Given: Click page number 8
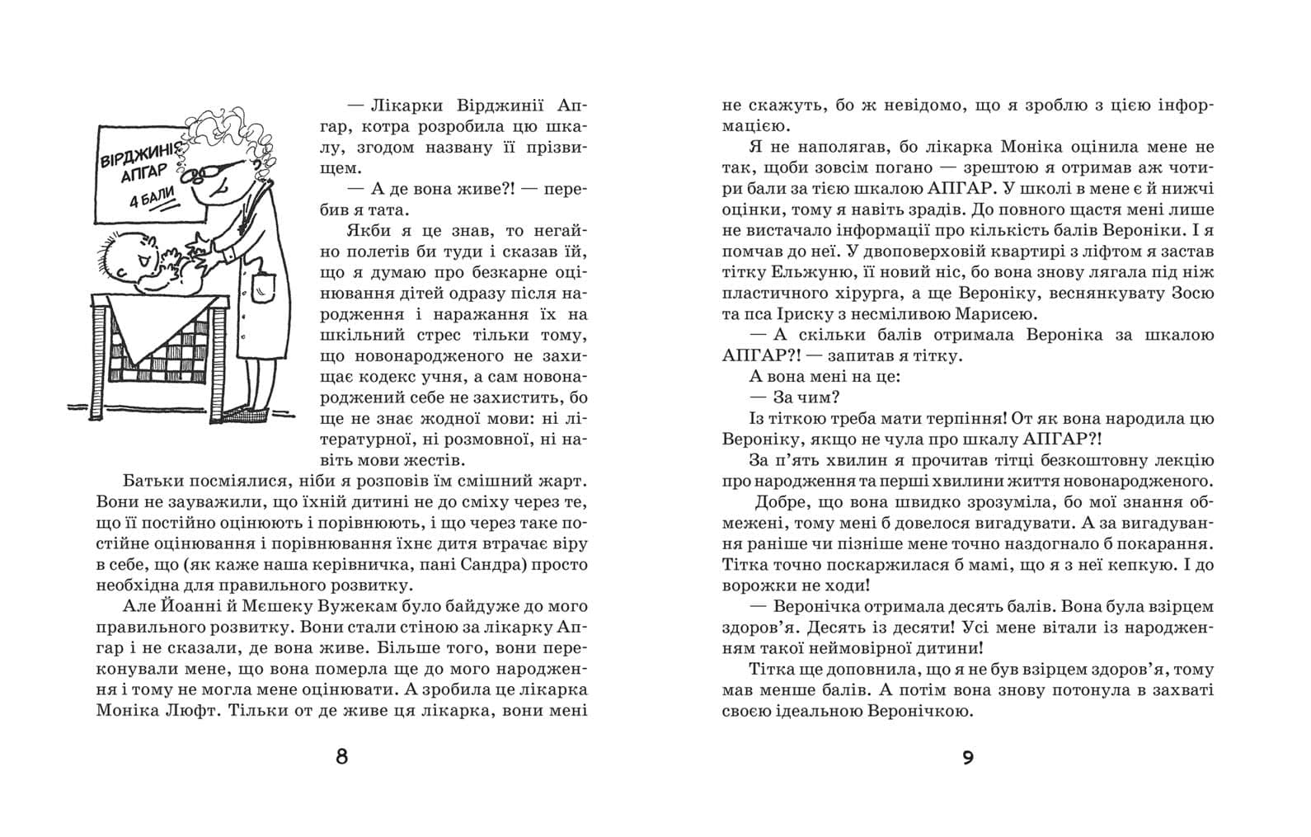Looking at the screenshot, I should coord(342,755).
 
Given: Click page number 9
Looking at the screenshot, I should coord(968,756).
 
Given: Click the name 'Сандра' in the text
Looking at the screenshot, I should coord(482,566).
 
